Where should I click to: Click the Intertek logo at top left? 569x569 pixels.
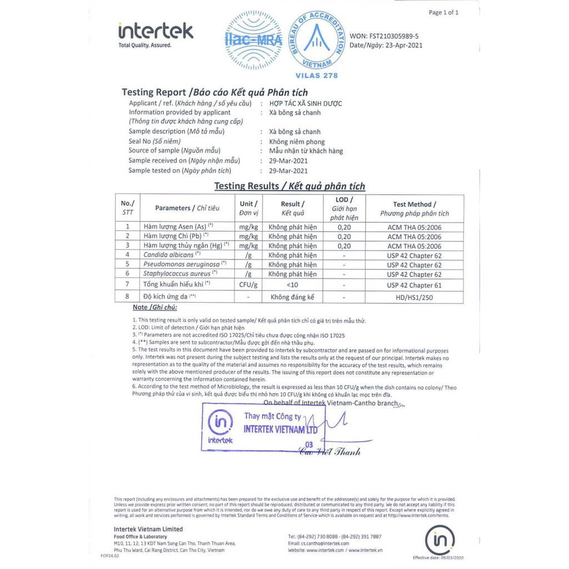point(156,34)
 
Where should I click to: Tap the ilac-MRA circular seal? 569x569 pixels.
point(253,39)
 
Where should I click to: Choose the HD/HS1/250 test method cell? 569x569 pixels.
point(415,297)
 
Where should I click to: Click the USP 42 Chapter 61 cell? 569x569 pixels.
point(415,285)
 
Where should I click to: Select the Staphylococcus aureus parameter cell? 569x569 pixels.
point(178,274)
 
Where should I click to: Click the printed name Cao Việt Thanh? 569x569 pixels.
point(330,451)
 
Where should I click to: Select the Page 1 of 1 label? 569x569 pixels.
point(443,12)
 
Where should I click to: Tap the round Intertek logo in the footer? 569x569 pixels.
point(440,540)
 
